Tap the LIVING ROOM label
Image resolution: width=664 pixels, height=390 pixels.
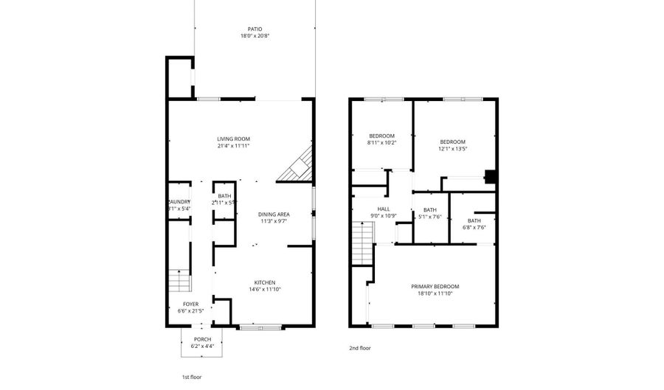233,139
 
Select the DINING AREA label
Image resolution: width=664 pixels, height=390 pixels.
274,214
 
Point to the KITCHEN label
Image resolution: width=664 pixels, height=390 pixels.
265,282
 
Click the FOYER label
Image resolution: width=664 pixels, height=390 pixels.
191,304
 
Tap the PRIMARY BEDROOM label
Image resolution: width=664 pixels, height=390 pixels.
435,286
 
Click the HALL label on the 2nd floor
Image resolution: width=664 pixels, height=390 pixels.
384,209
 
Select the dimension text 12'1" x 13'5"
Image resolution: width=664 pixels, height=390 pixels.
452,149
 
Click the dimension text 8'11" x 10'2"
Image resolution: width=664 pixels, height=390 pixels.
382,142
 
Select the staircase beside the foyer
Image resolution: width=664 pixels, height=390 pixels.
179,281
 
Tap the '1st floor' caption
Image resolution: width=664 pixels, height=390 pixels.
193,376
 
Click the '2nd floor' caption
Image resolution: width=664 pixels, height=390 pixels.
360,347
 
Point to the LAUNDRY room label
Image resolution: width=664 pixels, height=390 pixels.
180,202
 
